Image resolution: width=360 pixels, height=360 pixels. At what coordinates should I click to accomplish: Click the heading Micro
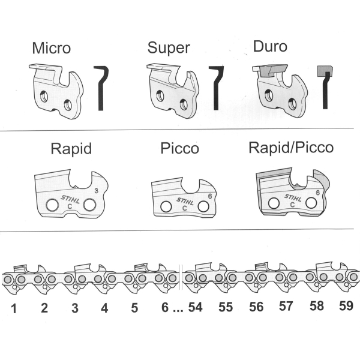(x=52, y=48)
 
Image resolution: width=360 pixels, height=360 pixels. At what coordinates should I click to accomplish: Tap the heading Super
(x=169, y=48)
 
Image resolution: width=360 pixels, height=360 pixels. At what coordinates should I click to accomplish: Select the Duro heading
(x=270, y=46)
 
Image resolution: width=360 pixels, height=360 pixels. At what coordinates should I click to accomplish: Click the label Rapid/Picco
(x=291, y=148)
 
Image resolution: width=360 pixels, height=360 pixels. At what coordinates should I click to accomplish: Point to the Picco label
(x=180, y=148)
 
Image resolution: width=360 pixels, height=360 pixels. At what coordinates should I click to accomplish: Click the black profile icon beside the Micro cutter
(x=101, y=88)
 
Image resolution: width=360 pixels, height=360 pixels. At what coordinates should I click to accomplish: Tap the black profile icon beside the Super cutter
(x=216, y=88)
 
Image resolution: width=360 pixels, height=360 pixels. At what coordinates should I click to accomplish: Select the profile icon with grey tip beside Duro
(x=325, y=87)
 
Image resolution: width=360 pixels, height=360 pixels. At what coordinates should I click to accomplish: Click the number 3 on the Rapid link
(x=96, y=191)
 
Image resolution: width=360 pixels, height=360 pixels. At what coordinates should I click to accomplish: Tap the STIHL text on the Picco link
(x=185, y=201)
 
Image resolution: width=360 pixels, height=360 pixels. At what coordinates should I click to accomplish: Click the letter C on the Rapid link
(x=70, y=206)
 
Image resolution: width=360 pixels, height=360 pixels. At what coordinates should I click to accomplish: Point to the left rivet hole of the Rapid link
(x=52, y=205)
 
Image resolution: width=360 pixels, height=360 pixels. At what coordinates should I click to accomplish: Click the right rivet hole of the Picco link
(x=203, y=206)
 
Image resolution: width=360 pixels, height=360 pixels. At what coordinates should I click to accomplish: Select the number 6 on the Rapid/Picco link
(x=318, y=193)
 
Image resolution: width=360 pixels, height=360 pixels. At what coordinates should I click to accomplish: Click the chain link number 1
(x=14, y=308)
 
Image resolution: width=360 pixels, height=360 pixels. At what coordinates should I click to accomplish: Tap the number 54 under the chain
(x=196, y=307)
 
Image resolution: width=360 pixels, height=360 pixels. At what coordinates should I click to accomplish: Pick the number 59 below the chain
(x=346, y=306)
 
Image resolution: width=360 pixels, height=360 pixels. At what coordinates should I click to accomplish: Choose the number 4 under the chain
(x=104, y=308)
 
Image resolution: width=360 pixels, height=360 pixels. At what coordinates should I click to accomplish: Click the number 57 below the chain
(x=286, y=306)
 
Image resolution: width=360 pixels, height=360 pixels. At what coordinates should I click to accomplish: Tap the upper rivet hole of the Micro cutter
(x=44, y=96)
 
